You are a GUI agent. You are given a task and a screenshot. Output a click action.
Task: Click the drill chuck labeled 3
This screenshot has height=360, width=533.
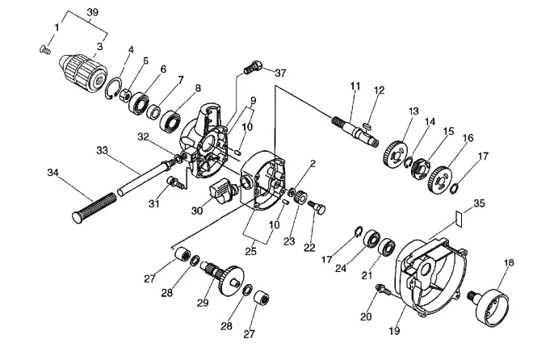[83, 73]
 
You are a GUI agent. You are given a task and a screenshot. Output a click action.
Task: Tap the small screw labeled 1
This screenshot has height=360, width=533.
[44, 50]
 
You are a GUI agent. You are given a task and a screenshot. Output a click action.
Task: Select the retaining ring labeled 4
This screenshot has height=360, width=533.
[114, 89]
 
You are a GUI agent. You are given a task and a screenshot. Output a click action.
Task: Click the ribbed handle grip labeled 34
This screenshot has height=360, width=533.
[94, 207]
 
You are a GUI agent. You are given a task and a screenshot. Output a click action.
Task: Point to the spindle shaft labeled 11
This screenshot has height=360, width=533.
[355, 130]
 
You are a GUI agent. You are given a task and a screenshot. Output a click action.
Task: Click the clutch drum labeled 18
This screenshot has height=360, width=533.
[489, 306]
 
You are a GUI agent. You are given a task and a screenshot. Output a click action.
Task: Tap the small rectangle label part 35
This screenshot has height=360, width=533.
[459, 219]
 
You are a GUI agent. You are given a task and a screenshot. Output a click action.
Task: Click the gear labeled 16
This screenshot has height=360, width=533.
[441, 181]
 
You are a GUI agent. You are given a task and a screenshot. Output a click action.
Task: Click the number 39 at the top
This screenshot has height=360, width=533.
[92, 12]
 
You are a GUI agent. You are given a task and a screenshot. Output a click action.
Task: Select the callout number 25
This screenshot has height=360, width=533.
[251, 251]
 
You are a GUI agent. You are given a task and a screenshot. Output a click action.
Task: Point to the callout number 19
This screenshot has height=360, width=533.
[394, 330]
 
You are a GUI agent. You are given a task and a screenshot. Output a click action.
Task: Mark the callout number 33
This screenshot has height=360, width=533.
[102, 150]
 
